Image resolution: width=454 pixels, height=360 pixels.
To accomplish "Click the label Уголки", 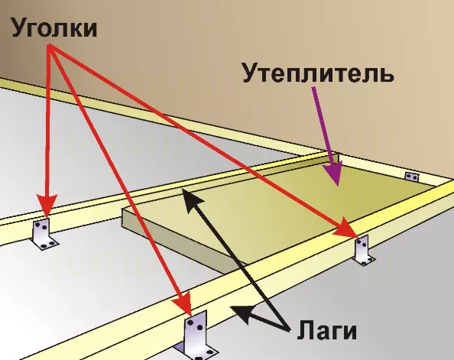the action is tap(54, 27).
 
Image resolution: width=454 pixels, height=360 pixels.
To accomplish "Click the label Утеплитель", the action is tap(318, 72).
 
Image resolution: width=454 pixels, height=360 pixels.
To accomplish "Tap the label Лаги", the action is tap(327, 329).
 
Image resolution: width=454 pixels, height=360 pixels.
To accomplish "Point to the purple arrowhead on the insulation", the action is tap(335, 174).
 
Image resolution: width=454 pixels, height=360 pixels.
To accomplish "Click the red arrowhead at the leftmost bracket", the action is tap(47, 205).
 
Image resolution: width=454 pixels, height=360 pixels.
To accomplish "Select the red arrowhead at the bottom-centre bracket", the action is tap(184, 303).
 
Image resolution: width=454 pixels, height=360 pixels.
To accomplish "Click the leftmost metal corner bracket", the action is tap(44, 234).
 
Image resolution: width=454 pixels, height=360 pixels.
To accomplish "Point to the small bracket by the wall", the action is tap(412, 176).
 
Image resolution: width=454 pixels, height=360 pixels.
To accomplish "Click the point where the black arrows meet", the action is tap(289, 329).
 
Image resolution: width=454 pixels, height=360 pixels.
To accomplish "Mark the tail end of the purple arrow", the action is tap(314, 87).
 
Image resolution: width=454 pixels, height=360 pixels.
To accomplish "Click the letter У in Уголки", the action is tap(21, 28).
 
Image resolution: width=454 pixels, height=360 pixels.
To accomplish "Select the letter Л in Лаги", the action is tap(306, 329).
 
